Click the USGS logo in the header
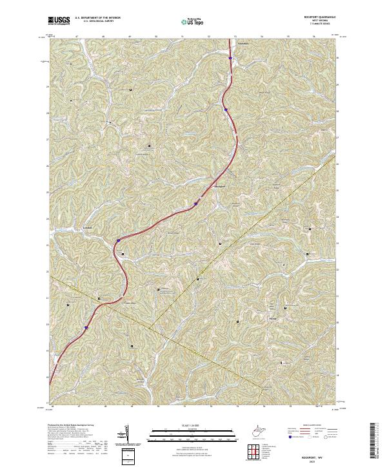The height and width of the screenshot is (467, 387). point(59,21)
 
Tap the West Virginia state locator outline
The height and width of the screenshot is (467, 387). point(261,429)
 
